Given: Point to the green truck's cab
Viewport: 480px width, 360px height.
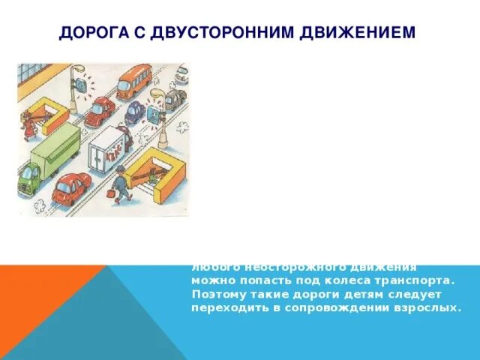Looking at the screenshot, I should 28,178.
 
